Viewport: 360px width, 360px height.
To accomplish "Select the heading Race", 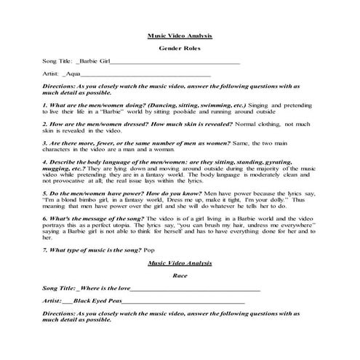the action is (x=179, y=277).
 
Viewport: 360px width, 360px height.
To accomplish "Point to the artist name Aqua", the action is (x=71, y=73).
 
